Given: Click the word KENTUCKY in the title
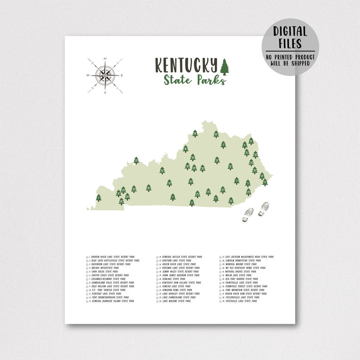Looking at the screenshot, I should click(x=186, y=65).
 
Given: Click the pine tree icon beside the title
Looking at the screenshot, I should click(x=224, y=67).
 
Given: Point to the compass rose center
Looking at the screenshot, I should click(x=105, y=76).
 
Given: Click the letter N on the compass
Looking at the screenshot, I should click(x=105, y=58).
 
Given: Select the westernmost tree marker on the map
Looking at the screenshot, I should click(x=98, y=198).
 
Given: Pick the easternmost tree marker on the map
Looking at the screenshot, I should click(x=265, y=182).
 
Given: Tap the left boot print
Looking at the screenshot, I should click(x=248, y=215).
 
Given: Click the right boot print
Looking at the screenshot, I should click(x=263, y=209).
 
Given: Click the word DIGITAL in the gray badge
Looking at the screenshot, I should click(x=290, y=31).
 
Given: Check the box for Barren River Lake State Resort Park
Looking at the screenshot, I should click(x=88, y=257).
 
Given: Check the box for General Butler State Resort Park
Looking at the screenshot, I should click(x=158, y=257).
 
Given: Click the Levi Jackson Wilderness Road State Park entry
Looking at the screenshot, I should click(x=249, y=257).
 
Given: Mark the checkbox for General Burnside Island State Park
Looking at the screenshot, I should click(x=88, y=301).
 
